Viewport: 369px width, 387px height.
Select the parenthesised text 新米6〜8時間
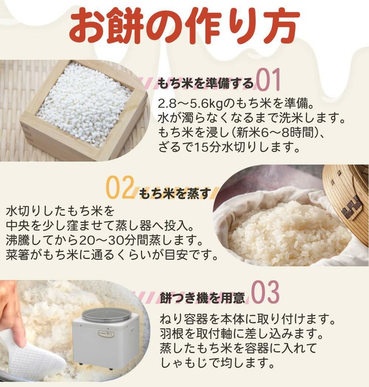tap(262, 133)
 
